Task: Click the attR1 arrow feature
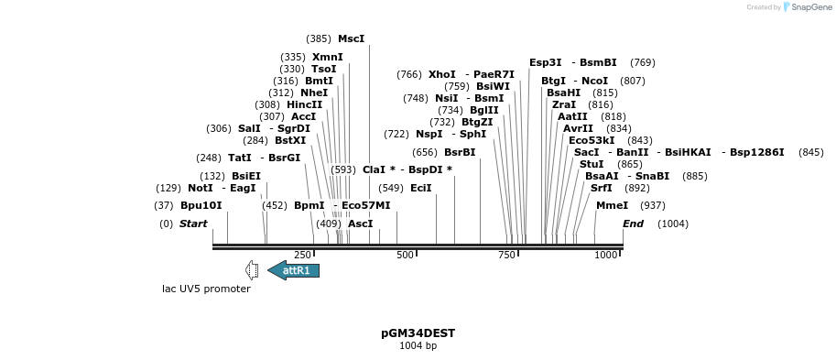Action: pos(294,270)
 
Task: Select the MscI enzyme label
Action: pos(351,38)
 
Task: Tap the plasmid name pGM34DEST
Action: pos(418,333)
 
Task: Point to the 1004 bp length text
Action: pos(418,346)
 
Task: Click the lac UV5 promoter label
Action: pos(206,289)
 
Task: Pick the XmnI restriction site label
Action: pos(328,57)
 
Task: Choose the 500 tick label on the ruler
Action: pos(405,255)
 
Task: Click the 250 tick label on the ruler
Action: pos(302,255)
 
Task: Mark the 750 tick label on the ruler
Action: pos(506,255)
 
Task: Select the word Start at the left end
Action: pos(193,224)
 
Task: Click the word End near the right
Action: pos(633,224)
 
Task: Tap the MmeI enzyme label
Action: pos(612,205)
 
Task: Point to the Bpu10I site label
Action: pos(201,205)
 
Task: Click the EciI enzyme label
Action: pos(420,188)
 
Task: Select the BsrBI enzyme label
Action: pos(460,152)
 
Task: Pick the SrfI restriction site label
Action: pos(601,188)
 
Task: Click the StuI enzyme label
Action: pos(592,164)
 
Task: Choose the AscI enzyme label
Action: pos(361,224)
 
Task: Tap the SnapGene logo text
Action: pos(807,7)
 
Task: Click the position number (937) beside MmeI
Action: pos(652,205)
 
